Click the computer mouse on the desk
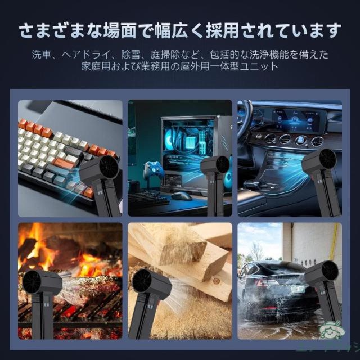pos(181,196)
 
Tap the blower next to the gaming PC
pos(214,180)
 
